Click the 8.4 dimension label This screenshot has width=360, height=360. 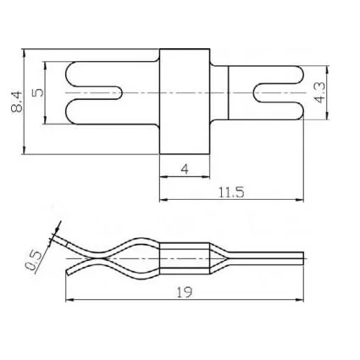(17, 102)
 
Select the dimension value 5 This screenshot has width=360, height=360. (38, 92)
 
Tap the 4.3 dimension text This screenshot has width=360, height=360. (319, 92)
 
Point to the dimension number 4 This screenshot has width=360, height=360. (185, 169)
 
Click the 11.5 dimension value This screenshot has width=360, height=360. (231, 192)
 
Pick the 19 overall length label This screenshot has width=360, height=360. (185, 292)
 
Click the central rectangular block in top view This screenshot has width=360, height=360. (185, 102)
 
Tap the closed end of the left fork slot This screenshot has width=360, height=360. (122, 92)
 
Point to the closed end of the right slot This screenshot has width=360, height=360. (254, 92)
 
